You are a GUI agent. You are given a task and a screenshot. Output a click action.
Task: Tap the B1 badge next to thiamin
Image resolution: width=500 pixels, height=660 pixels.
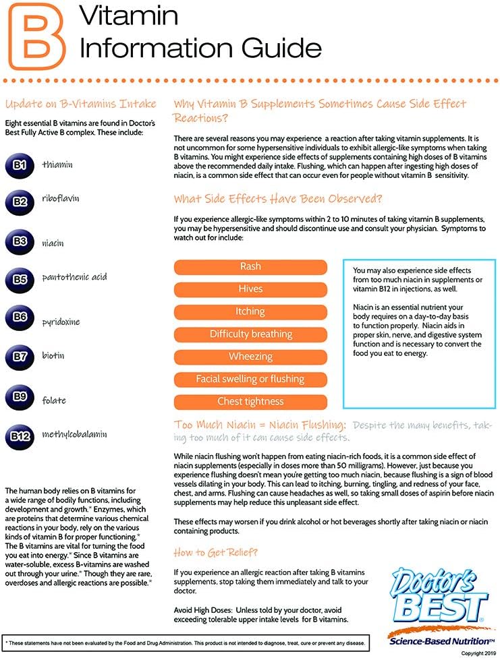click(x=20, y=165)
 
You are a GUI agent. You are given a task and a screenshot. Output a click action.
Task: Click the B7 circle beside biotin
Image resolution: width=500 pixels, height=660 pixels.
click(x=20, y=356)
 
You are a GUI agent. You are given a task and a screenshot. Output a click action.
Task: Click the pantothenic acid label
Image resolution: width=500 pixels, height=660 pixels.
click(x=74, y=277)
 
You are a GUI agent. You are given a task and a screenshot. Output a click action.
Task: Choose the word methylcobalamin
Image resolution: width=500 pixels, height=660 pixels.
click(x=74, y=434)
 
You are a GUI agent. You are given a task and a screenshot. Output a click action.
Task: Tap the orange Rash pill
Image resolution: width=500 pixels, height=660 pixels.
click(x=250, y=267)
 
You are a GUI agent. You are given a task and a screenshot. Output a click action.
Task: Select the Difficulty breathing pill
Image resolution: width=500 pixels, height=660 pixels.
click(x=250, y=334)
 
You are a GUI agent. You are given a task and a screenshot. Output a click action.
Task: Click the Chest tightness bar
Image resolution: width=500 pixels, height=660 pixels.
click(x=250, y=402)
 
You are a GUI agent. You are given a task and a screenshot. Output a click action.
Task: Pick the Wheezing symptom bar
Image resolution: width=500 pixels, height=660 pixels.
click(x=250, y=357)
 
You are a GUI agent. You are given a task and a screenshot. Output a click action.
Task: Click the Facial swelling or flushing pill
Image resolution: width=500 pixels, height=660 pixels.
click(x=250, y=380)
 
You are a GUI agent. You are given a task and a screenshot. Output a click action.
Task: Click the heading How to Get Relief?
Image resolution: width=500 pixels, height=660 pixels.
click(x=215, y=552)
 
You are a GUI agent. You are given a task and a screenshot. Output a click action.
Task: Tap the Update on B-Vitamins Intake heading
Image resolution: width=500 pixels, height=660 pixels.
click(x=80, y=104)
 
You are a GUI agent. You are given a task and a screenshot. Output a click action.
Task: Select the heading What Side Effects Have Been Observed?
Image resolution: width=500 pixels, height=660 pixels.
click(x=278, y=199)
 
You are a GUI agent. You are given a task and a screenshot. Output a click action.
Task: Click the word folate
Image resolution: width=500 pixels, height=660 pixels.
click(x=54, y=400)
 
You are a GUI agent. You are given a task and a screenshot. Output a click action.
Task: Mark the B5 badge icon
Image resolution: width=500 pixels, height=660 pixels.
click(x=20, y=278)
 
